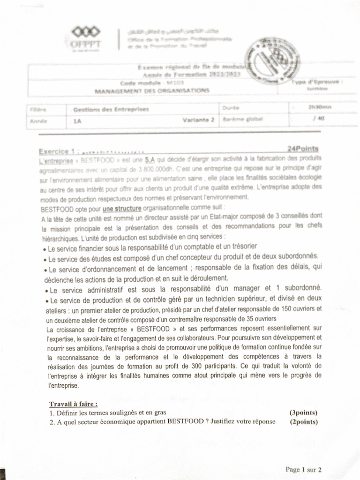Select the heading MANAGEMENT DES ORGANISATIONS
click(x=152, y=90)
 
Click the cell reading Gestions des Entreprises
click(x=111, y=110)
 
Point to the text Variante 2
click(x=198, y=120)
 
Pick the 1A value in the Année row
click(x=77, y=120)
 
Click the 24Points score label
click(x=303, y=149)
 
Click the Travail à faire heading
click(x=74, y=404)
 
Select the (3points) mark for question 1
click(x=303, y=413)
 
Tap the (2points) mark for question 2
click(x=303, y=421)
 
